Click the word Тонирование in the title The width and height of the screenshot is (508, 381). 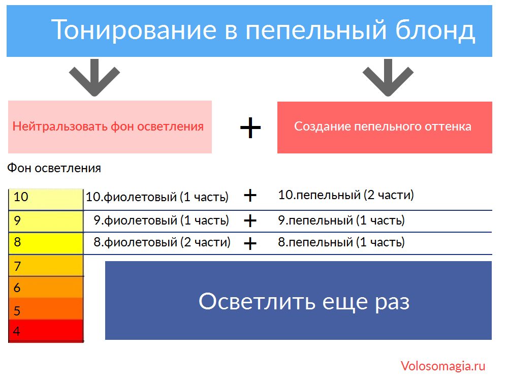pos(134,29)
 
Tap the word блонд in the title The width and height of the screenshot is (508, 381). pos(435,30)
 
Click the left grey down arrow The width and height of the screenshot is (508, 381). pos(94,77)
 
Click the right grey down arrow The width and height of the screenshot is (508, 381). pos(388,77)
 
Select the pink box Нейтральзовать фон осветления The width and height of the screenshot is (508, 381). pos(110,126)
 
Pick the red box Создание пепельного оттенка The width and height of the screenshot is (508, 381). pos(385,128)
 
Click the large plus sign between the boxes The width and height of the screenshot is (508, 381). pos(250,128)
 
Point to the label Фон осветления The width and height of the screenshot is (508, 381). pos(54,168)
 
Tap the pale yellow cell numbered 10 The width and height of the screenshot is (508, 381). pos(46,199)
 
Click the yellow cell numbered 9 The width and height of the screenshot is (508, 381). pos(46,221)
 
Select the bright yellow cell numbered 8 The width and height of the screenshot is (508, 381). pos(46,243)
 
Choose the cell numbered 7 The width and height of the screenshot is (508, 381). pos(46,265)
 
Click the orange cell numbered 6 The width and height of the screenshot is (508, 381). pos(46,287)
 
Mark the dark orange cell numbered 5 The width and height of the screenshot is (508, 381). pos(46,309)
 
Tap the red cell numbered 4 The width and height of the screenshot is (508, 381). pos(46,331)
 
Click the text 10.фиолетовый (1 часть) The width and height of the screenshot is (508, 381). pos(157,197)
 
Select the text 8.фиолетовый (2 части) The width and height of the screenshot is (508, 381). pos(162,242)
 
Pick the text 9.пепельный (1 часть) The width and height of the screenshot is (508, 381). pos(341,220)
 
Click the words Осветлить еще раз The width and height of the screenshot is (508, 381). pos(304,302)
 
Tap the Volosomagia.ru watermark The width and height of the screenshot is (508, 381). pos(443,366)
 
